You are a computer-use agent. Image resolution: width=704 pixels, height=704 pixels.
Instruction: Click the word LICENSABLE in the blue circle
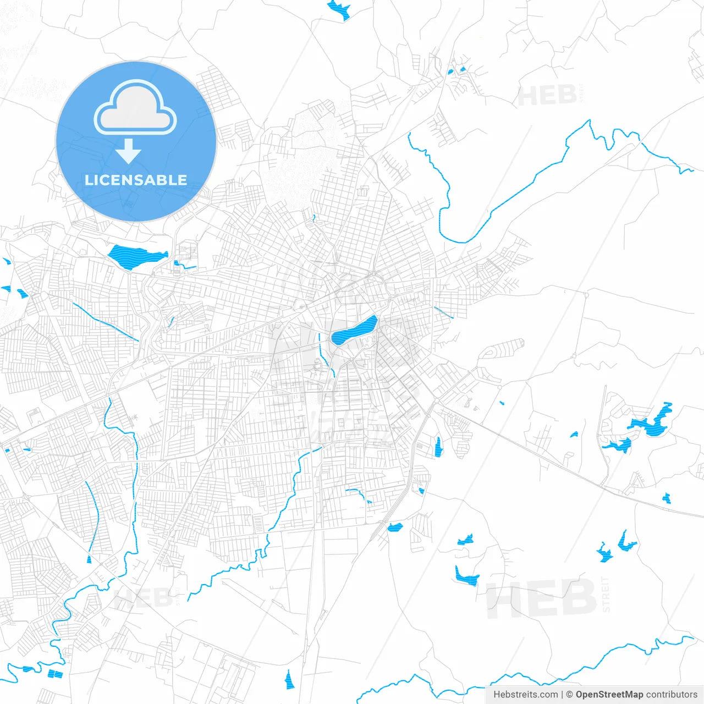(136, 180)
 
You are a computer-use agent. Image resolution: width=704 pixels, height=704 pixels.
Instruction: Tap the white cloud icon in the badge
(135, 108)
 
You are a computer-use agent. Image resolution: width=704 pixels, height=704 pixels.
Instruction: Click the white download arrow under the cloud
(129, 151)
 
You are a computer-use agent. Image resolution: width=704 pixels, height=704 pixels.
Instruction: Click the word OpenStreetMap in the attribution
(609, 695)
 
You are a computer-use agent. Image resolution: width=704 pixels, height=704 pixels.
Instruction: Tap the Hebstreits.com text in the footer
(525, 695)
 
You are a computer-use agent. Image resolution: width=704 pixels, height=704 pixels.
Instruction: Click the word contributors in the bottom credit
(672, 695)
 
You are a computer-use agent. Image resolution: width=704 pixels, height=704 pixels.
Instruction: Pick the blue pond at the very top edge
(339, 9)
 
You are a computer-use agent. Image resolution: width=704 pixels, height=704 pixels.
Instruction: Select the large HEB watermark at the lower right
(542, 598)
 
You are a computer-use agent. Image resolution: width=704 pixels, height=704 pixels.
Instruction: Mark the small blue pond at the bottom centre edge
(289, 680)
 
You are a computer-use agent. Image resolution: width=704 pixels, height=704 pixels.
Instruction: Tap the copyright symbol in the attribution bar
(570, 695)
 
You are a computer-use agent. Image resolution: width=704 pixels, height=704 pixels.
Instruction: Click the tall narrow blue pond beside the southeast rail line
(438, 447)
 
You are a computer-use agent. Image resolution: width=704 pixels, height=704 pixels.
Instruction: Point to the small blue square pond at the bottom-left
(55, 674)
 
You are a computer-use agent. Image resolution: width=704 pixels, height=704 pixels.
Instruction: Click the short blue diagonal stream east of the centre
(443, 312)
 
